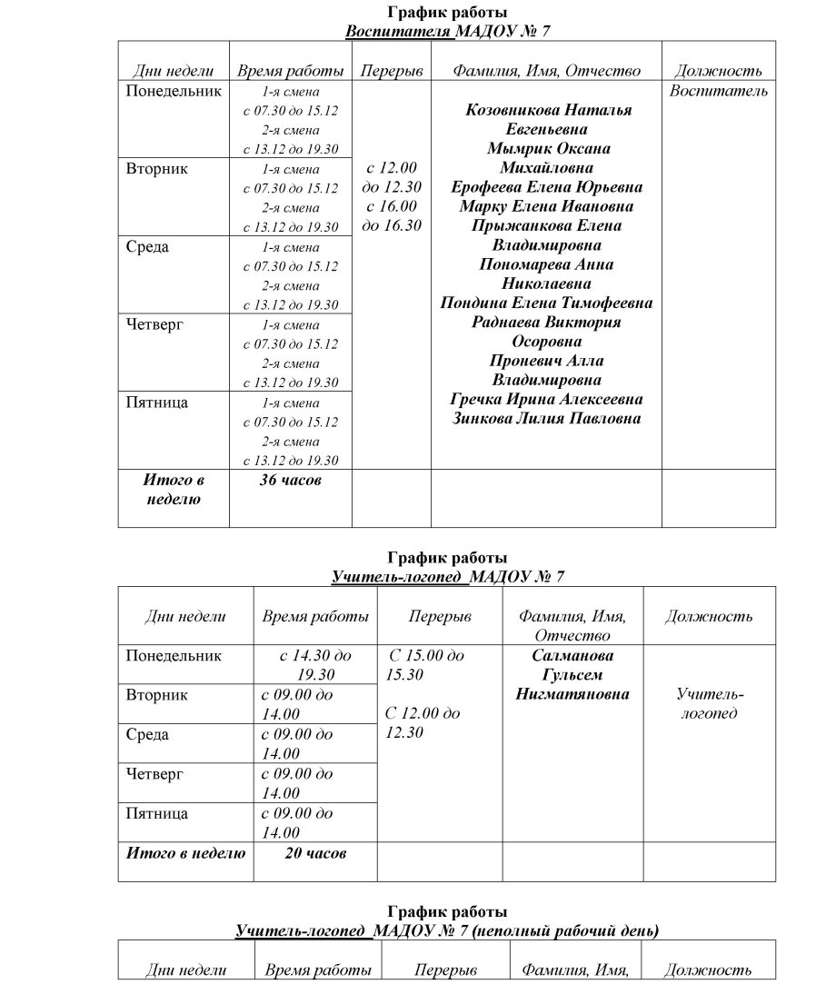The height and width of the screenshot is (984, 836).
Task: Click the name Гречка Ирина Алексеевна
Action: point(546,400)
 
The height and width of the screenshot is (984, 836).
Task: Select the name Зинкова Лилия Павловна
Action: point(546,419)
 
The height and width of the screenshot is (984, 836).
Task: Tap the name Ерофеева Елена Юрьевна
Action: point(546,187)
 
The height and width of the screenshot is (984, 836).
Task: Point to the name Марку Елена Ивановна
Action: point(546,206)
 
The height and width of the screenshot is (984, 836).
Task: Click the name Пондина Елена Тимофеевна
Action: point(546,303)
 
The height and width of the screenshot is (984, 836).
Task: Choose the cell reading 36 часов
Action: point(290,480)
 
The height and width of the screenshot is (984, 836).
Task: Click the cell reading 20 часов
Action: point(315,853)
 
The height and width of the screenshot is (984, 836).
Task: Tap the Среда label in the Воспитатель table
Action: point(147,247)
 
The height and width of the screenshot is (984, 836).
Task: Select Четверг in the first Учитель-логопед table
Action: point(154,774)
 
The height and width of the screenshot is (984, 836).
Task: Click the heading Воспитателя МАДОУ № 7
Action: point(447,30)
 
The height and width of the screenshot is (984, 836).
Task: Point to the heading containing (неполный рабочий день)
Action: point(446,930)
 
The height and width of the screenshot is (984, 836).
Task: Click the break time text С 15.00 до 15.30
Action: point(424,665)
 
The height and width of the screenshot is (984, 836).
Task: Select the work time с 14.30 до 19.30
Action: point(315,665)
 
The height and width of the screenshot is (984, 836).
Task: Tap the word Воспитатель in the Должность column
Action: point(718,91)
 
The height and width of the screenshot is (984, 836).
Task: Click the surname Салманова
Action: point(572,656)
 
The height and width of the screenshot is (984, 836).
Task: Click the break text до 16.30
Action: point(391,225)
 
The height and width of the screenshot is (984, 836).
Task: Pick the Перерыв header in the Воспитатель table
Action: point(391,71)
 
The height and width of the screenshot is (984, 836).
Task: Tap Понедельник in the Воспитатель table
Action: point(174,91)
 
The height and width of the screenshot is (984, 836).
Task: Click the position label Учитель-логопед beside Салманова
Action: point(710,704)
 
